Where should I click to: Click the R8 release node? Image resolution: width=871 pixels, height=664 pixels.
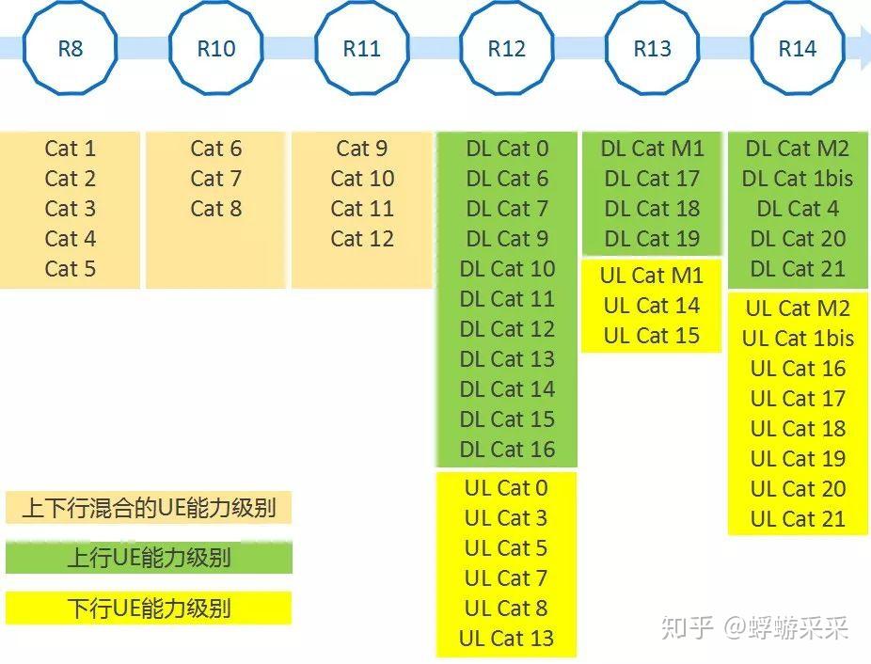click(70, 48)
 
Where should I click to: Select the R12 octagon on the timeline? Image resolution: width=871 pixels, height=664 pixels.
click(506, 48)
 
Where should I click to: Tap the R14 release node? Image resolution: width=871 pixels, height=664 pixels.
click(797, 48)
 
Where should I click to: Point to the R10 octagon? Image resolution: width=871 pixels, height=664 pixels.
click(215, 48)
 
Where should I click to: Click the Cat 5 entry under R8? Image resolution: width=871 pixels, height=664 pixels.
click(70, 269)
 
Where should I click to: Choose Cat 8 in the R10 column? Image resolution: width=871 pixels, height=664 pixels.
click(215, 209)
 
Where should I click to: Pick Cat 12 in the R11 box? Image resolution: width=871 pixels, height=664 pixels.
click(361, 239)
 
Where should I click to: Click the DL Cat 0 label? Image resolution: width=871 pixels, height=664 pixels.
click(506, 149)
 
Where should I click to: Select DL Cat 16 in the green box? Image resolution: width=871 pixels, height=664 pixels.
click(507, 450)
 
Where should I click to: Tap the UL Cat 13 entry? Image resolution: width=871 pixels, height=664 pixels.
click(506, 639)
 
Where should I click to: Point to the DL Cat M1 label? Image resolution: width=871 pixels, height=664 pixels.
click(652, 149)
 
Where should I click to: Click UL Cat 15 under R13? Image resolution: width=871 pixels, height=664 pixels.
click(652, 336)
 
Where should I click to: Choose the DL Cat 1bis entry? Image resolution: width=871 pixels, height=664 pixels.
click(798, 179)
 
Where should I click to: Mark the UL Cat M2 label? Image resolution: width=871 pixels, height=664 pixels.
click(798, 308)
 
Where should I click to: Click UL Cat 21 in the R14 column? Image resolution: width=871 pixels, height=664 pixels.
click(798, 519)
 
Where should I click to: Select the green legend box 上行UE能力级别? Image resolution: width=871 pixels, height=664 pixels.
click(149, 558)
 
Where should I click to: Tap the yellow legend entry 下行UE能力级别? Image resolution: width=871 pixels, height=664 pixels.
click(149, 608)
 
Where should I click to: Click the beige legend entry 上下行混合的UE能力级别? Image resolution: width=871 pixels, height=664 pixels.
click(149, 508)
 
